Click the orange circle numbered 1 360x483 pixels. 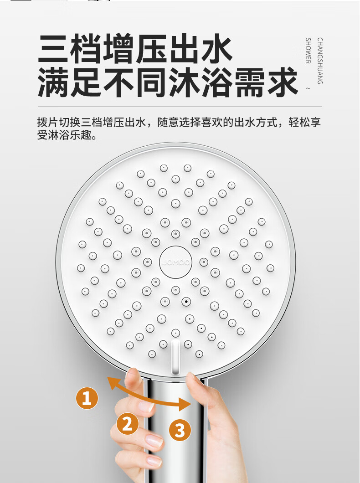coord(87,398)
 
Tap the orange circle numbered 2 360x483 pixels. coord(128,424)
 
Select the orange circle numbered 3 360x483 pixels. coord(180,430)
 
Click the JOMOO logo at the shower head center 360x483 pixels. coord(176,262)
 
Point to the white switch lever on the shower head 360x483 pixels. coord(175,357)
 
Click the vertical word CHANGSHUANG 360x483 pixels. coord(320,61)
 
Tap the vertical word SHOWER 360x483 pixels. coord(308,51)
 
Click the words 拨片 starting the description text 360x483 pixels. coord(48,122)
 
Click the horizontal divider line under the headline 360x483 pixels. coord(180,107)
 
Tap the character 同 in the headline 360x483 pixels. coord(151,82)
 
